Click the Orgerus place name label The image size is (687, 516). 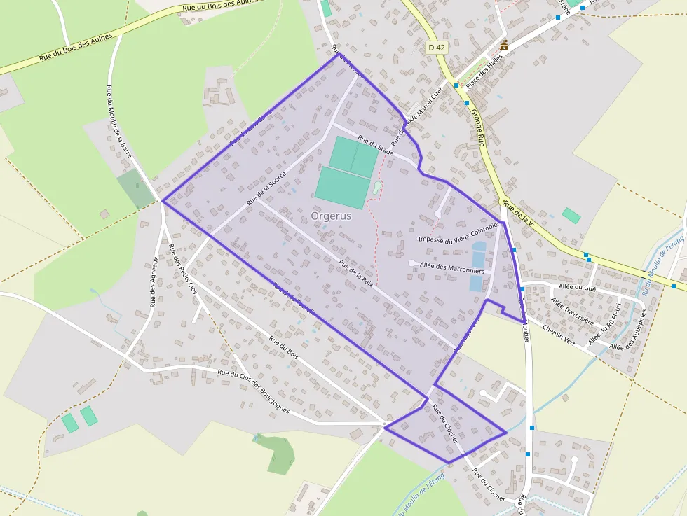[331, 216]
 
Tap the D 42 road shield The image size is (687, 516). [436, 48]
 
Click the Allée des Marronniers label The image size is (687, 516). [452, 267]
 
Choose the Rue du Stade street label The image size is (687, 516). [375, 144]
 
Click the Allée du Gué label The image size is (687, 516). [578, 286]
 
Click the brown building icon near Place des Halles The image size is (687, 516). [503, 46]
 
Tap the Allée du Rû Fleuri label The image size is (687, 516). [604, 321]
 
